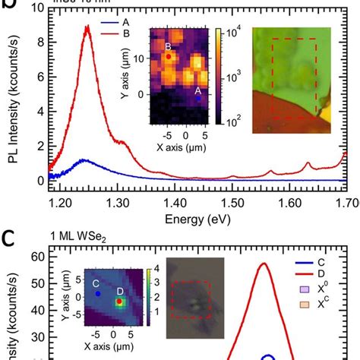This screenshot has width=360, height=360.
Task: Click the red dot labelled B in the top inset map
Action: click(x=168, y=56)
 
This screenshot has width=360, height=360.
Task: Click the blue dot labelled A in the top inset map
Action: click(x=199, y=98)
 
